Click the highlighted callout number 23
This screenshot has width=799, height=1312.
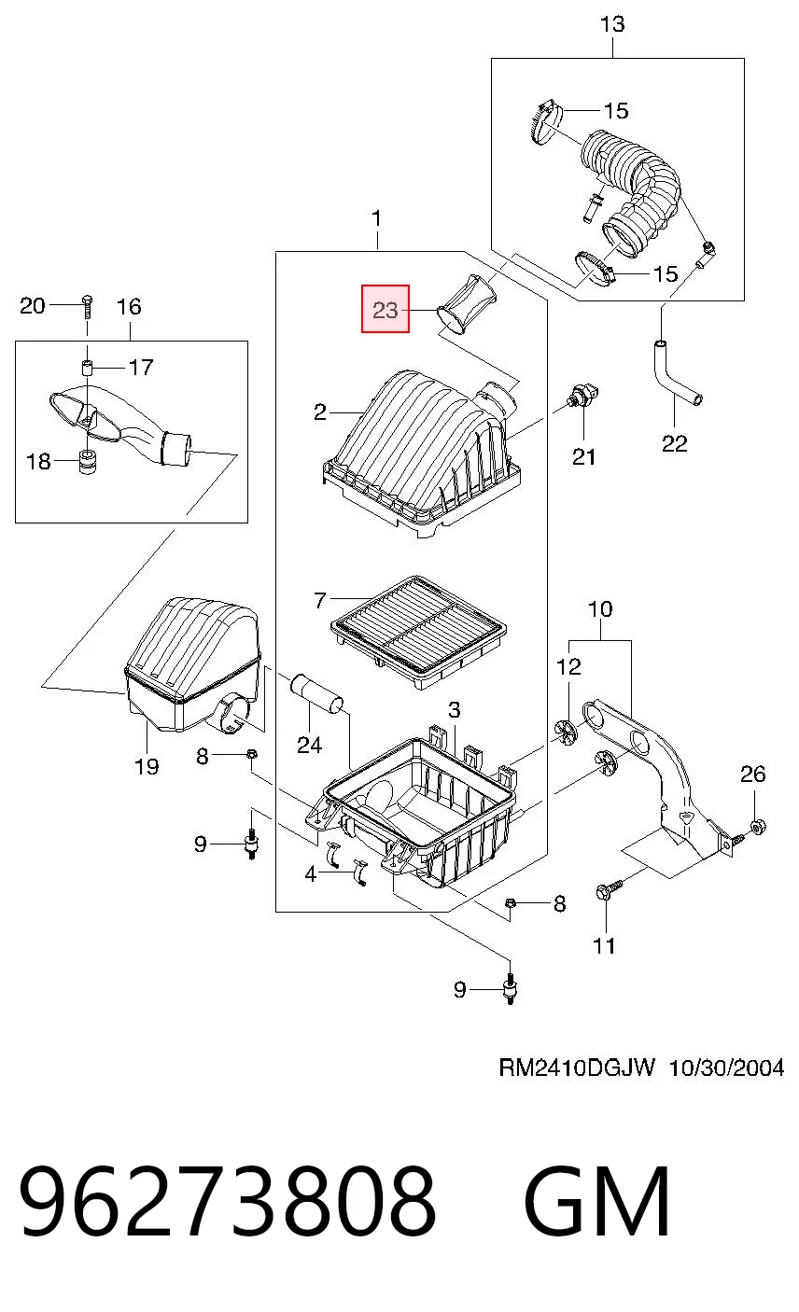click(x=385, y=309)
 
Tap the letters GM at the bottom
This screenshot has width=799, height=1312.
click(x=596, y=1201)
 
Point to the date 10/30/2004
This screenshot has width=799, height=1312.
click(x=726, y=1068)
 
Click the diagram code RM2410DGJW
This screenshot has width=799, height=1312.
click(x=577, y=1068)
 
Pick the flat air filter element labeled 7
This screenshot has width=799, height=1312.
click(x=419, y=631)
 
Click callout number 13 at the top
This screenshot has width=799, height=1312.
click(x=612, y=24)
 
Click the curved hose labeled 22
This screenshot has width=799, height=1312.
click(x=676, y=375)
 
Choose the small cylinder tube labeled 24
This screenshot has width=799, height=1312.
click(x=317, y=694)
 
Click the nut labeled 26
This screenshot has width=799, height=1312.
click(x=758, y=827)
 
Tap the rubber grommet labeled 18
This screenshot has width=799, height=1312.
click(x=88, y=462)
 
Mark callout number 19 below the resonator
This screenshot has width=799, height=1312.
click(x=147, y=765)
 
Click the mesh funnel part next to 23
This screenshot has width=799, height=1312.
click(x=468, y=306)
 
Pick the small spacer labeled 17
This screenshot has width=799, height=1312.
click(x=88, y=368)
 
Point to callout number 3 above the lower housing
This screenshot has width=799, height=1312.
click(x=455, y=710)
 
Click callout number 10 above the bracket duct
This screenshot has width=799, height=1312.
click(x=600, y=609)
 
